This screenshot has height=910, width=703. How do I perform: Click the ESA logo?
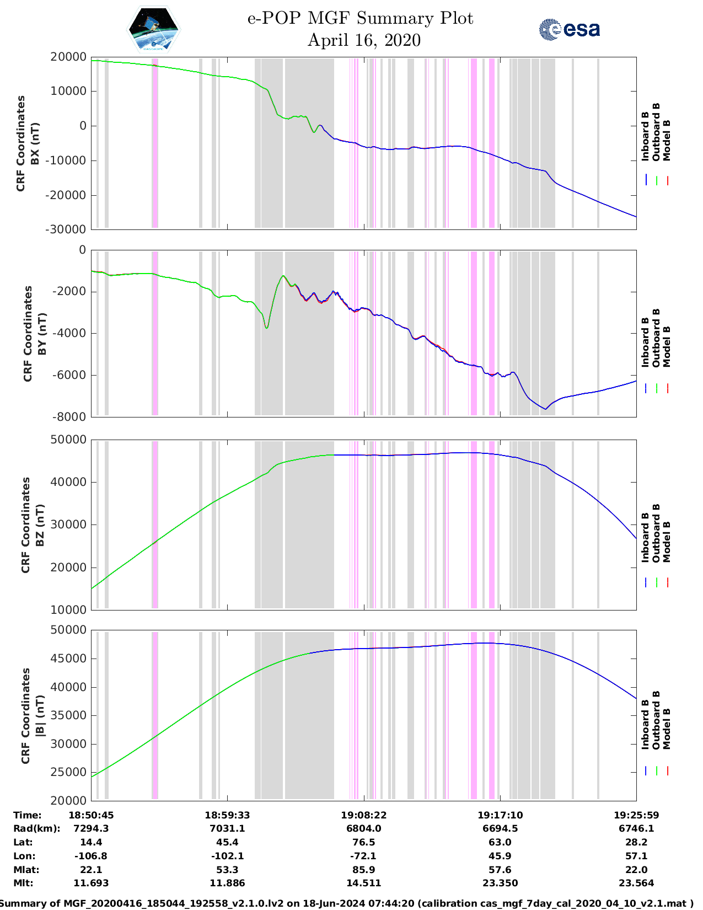569,29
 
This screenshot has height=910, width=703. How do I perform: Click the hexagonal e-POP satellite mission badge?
154,30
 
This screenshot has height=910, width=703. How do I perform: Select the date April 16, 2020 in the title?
364,40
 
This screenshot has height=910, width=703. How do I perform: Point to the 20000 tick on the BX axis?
68,57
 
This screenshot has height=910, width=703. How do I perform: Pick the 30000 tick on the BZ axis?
68,524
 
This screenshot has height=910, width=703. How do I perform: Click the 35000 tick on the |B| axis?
68,715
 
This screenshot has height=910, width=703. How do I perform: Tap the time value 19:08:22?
364,815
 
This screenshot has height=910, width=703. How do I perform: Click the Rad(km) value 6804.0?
364,828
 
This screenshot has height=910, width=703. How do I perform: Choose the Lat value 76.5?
364,842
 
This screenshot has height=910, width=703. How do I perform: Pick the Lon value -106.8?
91,856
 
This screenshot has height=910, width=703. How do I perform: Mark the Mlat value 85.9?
364,870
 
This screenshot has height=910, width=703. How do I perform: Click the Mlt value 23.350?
500,883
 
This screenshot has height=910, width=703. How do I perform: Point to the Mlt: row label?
23,883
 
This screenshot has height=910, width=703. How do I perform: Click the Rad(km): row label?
36,828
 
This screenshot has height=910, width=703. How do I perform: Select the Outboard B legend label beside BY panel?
656,338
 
